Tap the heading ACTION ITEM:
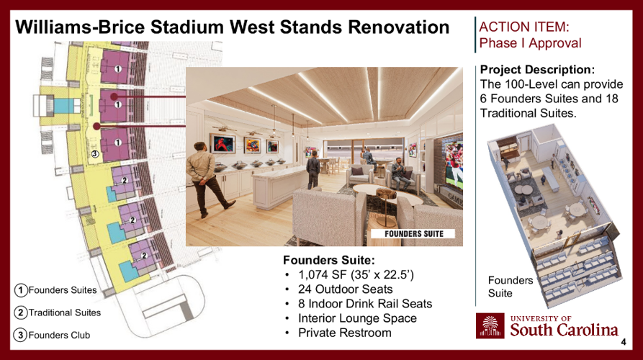[523, 27]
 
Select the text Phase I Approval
[530, 43]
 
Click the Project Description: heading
[537, 70]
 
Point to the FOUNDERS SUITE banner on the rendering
[413, 234]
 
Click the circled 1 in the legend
[22, 290]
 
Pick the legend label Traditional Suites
[65, 312]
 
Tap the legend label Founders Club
[59, 335]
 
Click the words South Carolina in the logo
[564, 330]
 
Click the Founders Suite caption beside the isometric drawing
[510, 287]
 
